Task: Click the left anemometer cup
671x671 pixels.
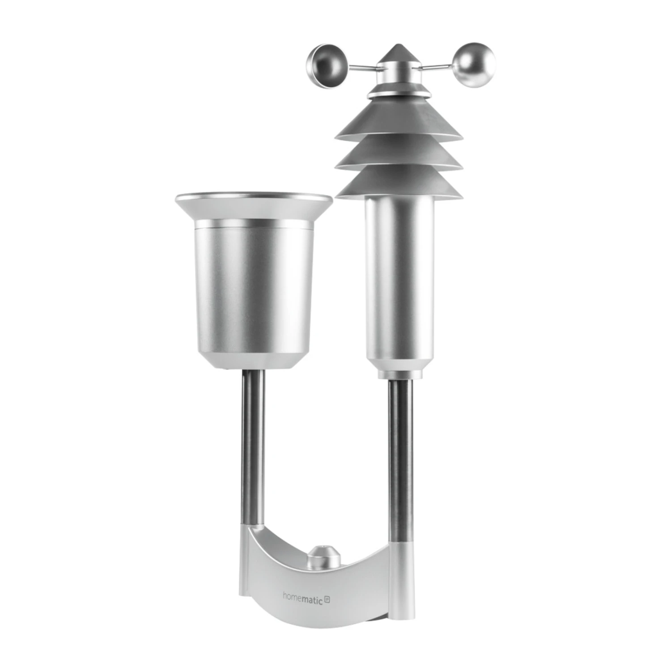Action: [x=323, y=66]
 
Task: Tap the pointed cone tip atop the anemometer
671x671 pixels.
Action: [x=398, y=52]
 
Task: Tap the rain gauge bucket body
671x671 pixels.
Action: [x=254, y=286]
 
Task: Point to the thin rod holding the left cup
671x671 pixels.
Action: [x=360, y=68]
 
